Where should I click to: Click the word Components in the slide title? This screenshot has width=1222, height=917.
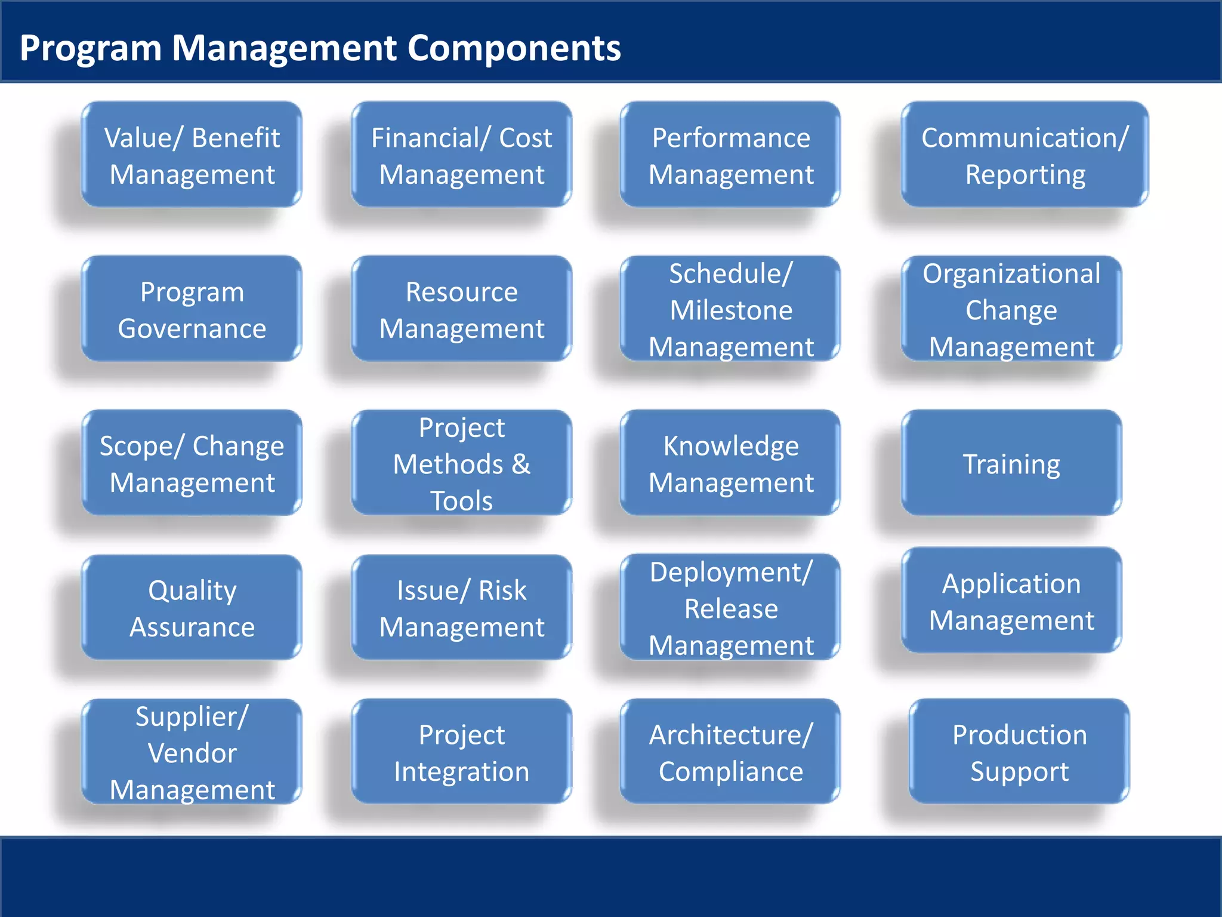[514, 48]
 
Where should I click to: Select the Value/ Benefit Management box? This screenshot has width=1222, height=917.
[192, 155]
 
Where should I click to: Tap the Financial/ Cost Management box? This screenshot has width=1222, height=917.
[461, 155]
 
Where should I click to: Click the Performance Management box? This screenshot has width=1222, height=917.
[730, 155]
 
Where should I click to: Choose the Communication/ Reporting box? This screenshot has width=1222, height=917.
[1024, 155]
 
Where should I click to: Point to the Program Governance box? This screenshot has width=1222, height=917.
[192, 309]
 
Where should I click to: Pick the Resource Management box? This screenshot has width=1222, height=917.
[461, 309]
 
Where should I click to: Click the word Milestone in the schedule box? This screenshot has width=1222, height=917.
[731, 310]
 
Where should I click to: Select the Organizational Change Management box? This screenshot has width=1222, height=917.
[1011, 309]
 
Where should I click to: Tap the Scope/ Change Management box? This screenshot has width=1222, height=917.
[192, 463]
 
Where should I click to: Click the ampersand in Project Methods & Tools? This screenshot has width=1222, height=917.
[520, 464]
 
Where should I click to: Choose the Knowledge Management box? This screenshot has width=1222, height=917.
[730, 463]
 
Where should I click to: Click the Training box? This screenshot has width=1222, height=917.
[1011, 463]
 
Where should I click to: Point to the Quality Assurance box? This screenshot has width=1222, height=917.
[192, 608]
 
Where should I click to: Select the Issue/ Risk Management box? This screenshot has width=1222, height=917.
[461, 608]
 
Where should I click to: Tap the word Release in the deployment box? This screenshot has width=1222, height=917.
[731, 609]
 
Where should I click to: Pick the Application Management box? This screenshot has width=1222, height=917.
[1011, 601]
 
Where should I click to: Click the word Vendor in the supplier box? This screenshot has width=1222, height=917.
[192, 753]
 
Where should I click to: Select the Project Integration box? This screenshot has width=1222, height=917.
[461, 752]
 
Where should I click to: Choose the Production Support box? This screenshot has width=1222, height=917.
[1019, 752]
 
